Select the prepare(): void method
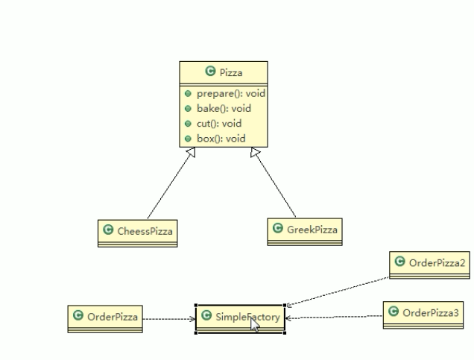tap(230, 94)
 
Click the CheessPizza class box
tap(139, 232)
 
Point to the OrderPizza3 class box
tap(423, 313)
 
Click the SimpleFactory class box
tap(240, 318)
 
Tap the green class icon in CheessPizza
tap(109, 231)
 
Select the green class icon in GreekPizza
tap(278, 230)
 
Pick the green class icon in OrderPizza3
tap(394, 312)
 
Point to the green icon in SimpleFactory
tap(206, 317)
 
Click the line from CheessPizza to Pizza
tap(168, 186)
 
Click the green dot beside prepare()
tap(189, 94)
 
